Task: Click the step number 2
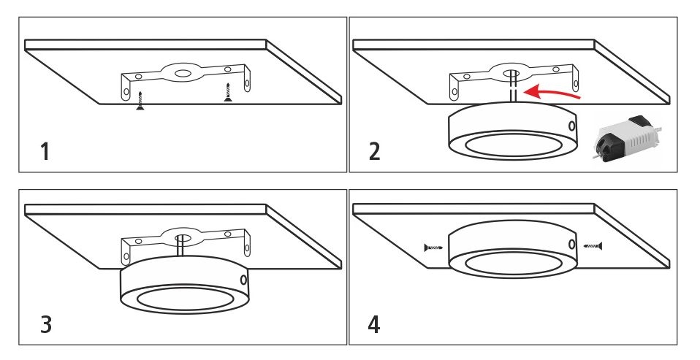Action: [x=375, y=152]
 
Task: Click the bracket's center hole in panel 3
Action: [x=181, y=238]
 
